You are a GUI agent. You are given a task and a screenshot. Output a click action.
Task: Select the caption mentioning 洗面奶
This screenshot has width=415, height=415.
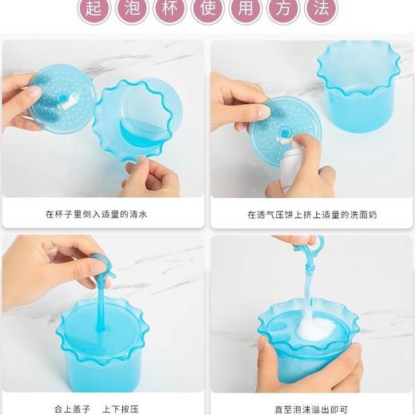[x=311, y=215]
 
